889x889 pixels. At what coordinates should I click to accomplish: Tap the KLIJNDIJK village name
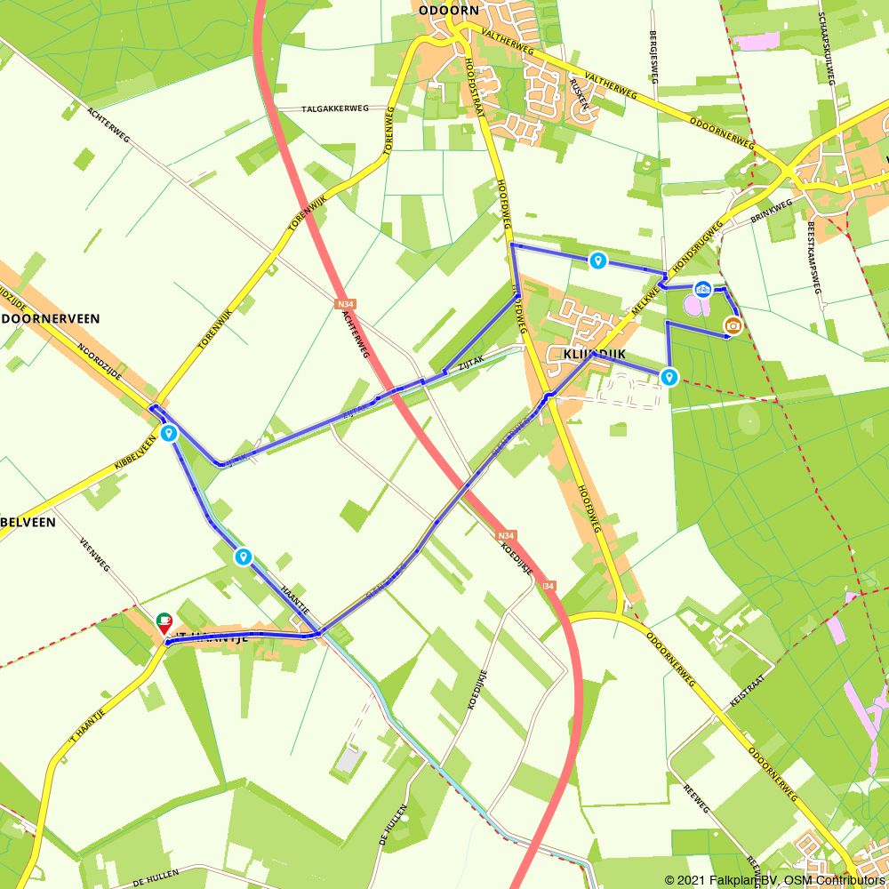pyautogui.click(x=595, y=354)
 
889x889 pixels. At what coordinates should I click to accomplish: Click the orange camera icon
pyautogui.click(x=733, y=326)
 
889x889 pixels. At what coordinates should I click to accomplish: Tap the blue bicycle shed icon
pyautogui.click(x=702, y=290)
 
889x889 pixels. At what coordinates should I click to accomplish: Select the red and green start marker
pyautogui.click(x=164, y=622)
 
